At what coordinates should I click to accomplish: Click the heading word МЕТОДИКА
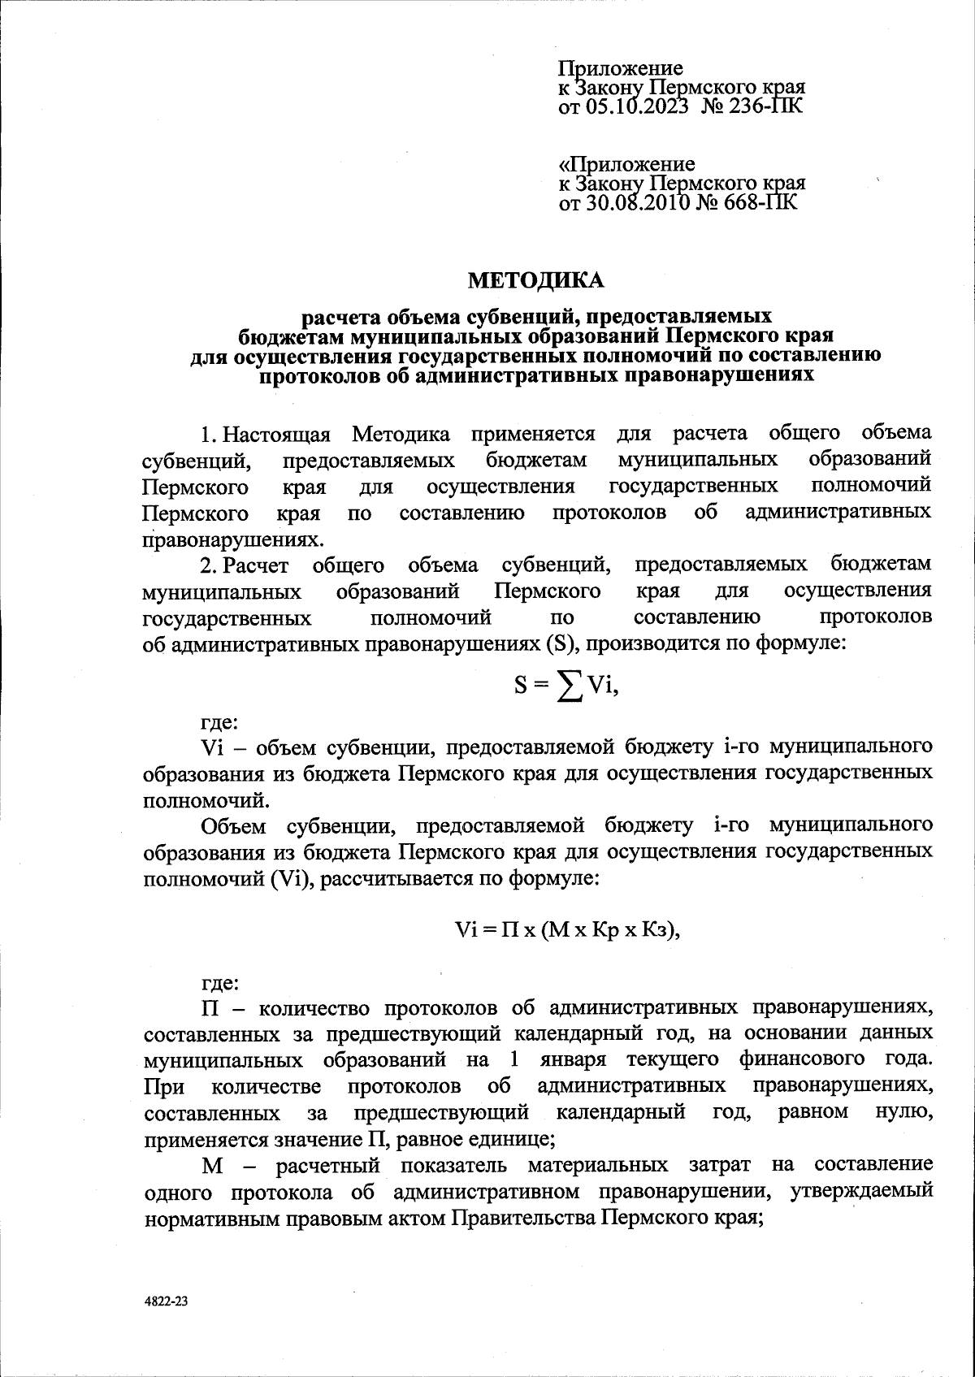coord(536,281)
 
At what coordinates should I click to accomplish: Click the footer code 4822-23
coord(167,1301)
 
